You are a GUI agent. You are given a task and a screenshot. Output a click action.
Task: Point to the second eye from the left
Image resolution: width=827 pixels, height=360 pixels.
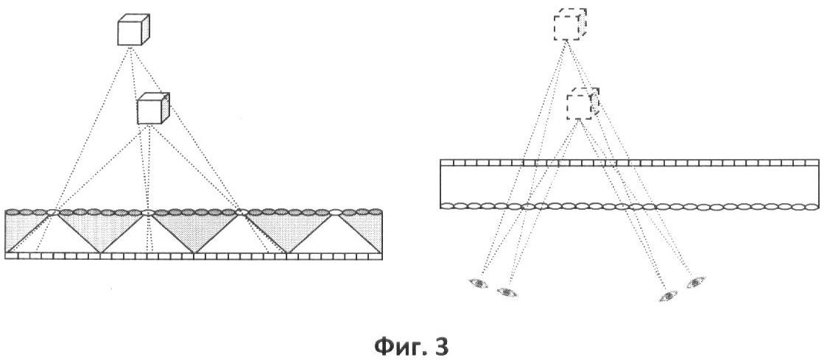tap(506, 292)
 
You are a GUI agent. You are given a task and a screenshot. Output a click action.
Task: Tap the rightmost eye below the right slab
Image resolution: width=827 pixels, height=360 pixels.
tap(695, 281)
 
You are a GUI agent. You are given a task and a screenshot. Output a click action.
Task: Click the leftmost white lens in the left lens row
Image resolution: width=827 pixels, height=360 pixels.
tap(53, 212)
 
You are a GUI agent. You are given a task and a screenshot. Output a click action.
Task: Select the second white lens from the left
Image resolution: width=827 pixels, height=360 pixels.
tap(147, 212)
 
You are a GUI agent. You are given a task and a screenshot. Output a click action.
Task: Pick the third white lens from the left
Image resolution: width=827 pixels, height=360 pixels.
tap(242, 212)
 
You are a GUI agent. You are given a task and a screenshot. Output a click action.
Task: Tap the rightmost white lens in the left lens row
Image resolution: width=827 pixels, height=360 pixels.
tap(336, 212)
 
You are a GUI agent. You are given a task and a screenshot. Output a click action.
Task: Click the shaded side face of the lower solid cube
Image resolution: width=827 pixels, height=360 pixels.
tap(167, 107)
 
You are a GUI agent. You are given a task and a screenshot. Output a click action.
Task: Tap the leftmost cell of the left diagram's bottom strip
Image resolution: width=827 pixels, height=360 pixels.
tap(11, 255)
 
